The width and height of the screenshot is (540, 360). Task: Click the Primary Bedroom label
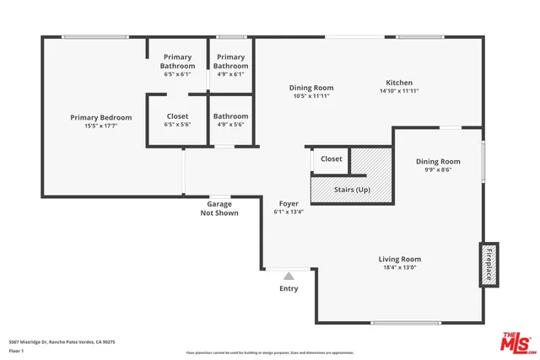[100, 117]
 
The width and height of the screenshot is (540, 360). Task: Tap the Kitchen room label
[398, 83]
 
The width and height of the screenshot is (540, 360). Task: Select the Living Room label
[399, 259]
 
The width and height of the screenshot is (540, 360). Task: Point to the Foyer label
[289, 203]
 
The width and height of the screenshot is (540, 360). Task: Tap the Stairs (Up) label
[352, 190]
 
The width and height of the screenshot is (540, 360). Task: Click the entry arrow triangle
[289, 275]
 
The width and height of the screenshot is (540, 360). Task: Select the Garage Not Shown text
[219, 208]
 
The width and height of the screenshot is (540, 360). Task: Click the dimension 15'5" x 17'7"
[100, 126]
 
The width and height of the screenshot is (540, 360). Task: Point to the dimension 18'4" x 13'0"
[399, 267]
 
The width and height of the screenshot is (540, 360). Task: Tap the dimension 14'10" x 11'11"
[399, 91]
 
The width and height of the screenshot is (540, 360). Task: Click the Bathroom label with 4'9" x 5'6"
[230, 116]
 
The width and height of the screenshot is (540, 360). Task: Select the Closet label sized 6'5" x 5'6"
[177, 116]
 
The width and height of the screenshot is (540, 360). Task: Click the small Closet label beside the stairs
[332, 159]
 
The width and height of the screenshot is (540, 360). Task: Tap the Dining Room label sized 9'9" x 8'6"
[438, 161]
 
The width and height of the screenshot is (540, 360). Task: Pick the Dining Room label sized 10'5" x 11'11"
[311, 88]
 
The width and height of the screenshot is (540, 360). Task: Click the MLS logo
[516, 341]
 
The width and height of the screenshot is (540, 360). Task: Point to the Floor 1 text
[17, 351]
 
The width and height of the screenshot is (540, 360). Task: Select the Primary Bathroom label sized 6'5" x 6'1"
[177, 61]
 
